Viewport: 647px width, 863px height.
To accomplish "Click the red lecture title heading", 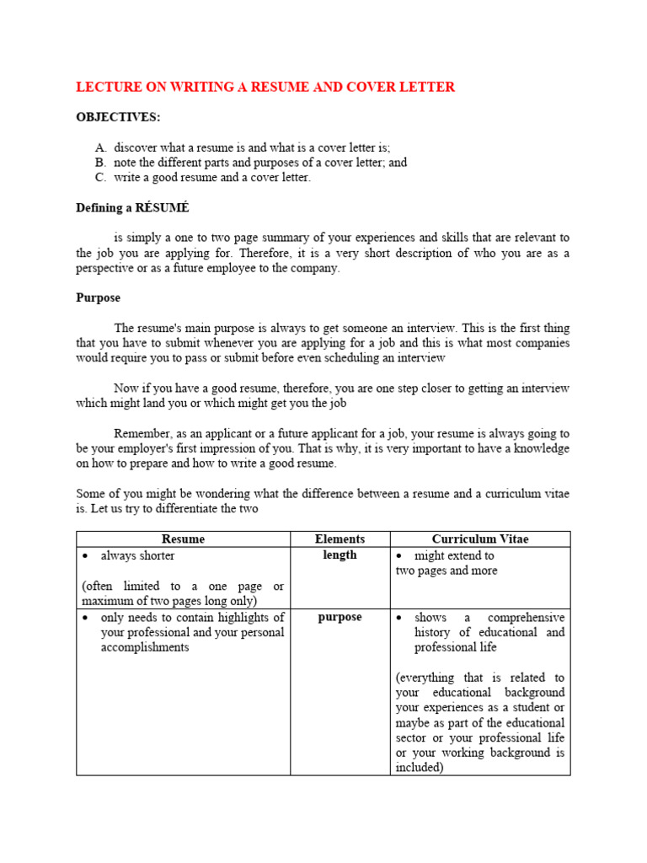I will [265, 87].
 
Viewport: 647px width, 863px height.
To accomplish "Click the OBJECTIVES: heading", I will [118, 117].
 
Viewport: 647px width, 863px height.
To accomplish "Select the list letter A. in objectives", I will [101, 147].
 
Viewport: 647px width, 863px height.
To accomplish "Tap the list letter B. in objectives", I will [101, 163].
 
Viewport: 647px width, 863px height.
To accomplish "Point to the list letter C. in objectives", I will [101, 178].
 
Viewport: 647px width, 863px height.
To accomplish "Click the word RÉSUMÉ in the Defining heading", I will [174, 207].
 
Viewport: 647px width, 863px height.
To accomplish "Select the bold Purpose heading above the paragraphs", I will [99, 297].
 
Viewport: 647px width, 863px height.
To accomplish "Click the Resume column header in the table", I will [183, 539].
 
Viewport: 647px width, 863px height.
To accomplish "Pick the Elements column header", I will [340, 539].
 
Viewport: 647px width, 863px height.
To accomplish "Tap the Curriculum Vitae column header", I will [480, 539].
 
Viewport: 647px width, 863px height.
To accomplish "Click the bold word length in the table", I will [340, 555].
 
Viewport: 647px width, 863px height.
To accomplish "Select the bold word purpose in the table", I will [340, 617].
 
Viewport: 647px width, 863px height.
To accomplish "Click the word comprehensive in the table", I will [527, 618].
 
